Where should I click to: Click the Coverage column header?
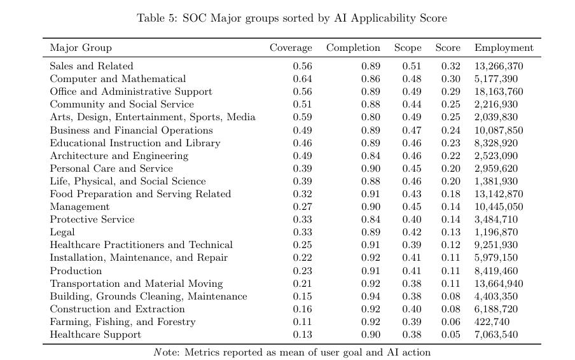point(291,48)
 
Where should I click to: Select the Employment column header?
point(504,48)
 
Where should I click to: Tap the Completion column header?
point(353,48)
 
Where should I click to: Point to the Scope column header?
point(408,48)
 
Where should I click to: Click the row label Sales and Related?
point(92,66)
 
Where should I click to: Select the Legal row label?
point(62,232)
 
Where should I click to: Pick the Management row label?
point(80,207)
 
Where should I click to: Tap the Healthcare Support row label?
point(95,335)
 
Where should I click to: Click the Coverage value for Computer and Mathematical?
point(303,79)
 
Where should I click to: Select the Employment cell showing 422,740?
point(492,322)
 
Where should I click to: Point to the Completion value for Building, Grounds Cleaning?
point(371,296)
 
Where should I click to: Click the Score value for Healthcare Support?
point(451,335)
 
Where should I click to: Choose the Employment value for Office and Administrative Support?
point(499,92)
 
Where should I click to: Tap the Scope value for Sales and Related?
point(412,66)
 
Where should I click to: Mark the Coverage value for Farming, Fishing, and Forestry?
point(303,322)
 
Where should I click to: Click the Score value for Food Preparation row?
point(451,194)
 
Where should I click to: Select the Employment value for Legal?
point(496,232)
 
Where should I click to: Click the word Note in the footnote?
point(167,352)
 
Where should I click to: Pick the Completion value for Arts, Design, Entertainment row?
point(371,117)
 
